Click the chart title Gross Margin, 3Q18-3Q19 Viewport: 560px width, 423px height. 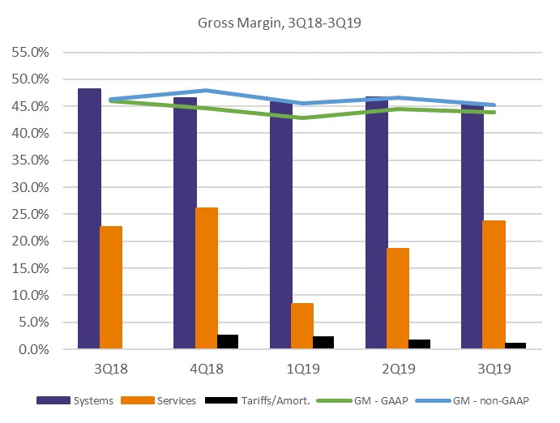coord(280,23)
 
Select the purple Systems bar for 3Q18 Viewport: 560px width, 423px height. coord(89,219)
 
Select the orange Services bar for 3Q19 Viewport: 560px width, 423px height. coord(494,284)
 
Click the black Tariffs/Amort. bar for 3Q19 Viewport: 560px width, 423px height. coord(515,346)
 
